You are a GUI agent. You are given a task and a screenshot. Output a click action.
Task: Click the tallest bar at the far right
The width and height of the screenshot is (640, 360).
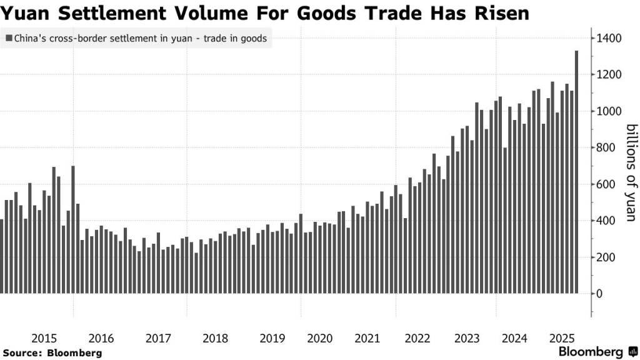577,172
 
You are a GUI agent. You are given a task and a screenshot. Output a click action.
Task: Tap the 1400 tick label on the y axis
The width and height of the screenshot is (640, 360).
609,38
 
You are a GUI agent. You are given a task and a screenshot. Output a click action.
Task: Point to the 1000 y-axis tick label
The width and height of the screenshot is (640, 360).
609,111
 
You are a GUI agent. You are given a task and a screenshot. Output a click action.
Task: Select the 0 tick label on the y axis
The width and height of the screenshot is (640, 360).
599,294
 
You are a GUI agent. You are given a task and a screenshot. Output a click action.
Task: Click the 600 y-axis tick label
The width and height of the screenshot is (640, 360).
606,184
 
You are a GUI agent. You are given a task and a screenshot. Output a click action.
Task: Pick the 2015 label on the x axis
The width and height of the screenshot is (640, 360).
44,338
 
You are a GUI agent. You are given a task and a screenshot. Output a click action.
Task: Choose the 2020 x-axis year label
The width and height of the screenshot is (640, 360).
320,338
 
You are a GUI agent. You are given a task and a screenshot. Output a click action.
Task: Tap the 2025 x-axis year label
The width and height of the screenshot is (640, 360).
562,338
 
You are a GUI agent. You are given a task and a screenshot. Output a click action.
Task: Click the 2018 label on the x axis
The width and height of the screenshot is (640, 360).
216,338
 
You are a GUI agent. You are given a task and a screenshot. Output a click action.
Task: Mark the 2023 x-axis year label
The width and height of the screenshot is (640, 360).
467,338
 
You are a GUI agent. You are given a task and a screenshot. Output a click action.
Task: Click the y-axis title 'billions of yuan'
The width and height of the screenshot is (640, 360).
631,172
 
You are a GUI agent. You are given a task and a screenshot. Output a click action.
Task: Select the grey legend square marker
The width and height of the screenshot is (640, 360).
9,38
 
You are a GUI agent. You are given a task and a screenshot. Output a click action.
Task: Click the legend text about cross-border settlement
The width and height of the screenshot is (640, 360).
141,38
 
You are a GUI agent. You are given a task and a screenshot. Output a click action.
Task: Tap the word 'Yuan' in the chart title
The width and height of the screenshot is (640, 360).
25,13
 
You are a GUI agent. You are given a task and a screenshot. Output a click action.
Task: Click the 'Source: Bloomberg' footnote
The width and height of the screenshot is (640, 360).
52,353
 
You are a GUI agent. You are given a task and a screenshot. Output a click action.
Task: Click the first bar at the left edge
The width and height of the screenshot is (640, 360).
1,256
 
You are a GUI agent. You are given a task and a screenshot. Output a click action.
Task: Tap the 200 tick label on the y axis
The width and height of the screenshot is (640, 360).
606,257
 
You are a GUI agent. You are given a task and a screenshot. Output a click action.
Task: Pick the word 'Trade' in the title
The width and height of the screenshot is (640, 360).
393,13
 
